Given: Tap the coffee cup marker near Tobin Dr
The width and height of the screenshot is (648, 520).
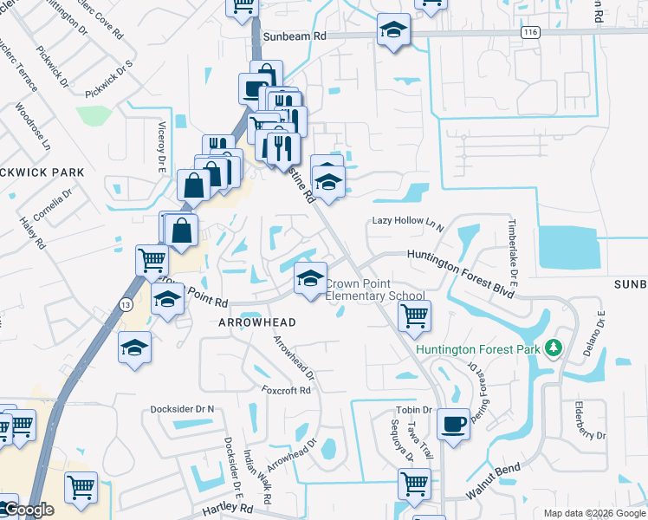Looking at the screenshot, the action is click(x=453, y=424).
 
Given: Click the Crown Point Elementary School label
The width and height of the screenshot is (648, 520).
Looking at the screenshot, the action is click(x=374, y=290).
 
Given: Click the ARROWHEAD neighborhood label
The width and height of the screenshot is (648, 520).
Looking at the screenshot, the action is click(x=257, y=322).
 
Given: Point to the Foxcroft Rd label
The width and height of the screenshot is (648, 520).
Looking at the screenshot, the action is click(x=286, y=391).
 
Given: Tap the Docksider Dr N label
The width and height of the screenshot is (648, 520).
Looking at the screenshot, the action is click(x=182, y=408).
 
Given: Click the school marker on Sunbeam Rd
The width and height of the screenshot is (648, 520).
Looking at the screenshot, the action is click(x=393, y=31).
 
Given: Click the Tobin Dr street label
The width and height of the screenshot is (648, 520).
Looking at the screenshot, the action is click(x=413, y=410).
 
